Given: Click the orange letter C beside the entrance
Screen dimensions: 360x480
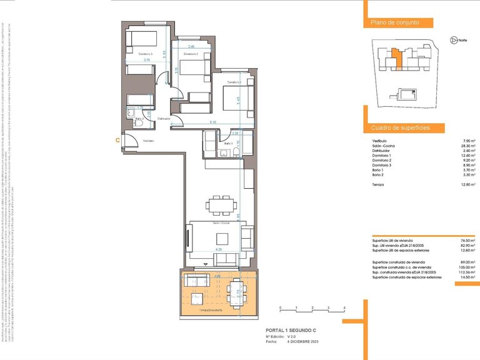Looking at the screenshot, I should tap(118, 141).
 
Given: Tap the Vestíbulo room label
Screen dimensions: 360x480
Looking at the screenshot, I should tap(148, 141).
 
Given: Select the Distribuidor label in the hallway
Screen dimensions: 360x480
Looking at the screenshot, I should tap(164, 117).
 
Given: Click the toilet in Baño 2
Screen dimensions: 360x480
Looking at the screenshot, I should tap(139, 123).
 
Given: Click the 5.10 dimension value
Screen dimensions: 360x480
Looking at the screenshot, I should tap(212, 122).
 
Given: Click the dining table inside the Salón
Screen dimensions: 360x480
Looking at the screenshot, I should tap(221, 204).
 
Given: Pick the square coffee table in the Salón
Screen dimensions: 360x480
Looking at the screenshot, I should tap(222, 238).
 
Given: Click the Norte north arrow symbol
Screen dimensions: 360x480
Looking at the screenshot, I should tap(453, 40).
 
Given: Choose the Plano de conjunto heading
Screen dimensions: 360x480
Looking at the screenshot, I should tap(394, 22).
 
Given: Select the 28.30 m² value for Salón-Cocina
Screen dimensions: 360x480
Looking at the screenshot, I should tap(466, 146).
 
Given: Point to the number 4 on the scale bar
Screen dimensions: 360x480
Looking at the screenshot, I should tap(344, 308).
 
